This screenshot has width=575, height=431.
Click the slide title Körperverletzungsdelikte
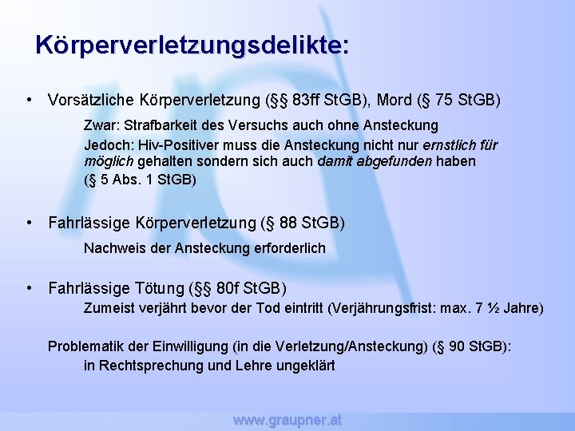click(192, 44)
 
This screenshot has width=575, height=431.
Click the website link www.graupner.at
click(287, 420)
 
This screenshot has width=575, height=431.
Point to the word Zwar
click(99, 125)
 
